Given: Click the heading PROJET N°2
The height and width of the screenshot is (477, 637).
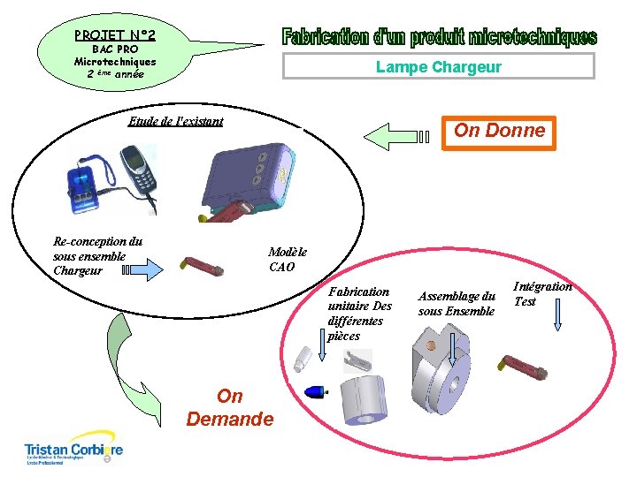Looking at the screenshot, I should [x=115, y=35].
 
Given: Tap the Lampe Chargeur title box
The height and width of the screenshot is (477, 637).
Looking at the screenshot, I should [x=438, y=67].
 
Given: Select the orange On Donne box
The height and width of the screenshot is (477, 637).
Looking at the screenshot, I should [x=499, y=132].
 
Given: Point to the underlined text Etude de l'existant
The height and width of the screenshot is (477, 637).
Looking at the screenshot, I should [x=175, y=121].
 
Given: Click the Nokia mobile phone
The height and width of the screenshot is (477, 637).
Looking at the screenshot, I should [x=139, y=177].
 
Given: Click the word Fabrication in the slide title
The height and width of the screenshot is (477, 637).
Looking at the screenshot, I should [x=324, y=38].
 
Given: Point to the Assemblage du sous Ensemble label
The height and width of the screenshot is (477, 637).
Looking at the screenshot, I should [x=456, y=303].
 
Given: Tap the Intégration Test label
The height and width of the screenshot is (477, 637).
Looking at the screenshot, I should [x=541, y=293].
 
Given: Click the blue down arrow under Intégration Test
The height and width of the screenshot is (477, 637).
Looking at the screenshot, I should [x=557, y=316].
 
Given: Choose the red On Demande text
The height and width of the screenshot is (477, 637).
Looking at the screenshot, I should [x=229, y=407].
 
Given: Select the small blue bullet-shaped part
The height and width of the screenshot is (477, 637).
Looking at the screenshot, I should [x=315, y=391].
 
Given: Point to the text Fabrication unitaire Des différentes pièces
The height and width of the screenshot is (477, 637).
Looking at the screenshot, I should [x=358, y=313].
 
